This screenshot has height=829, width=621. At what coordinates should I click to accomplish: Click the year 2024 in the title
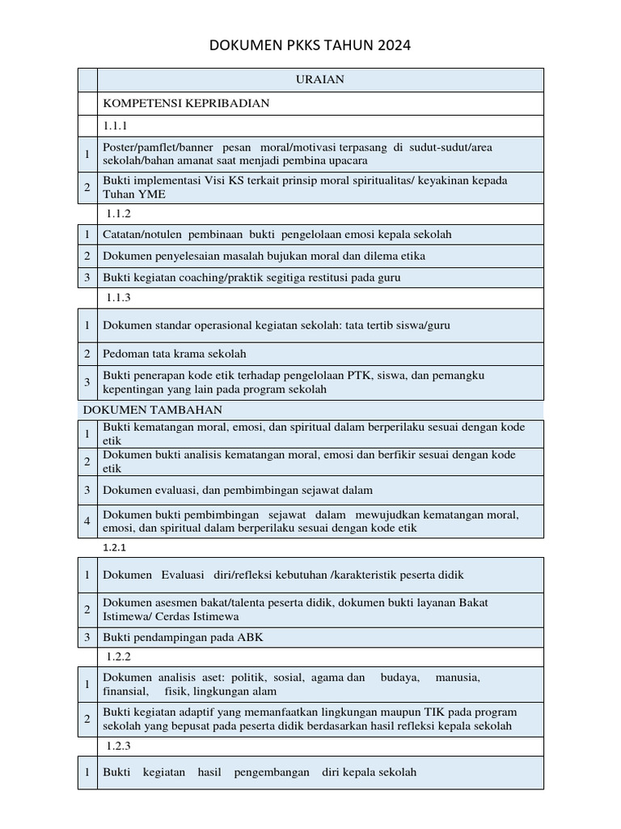(x=394, y=45)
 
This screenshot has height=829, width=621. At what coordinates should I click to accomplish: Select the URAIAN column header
(x=320, y=79)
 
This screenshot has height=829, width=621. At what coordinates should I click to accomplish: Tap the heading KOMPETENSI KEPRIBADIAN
(x=185, y=104)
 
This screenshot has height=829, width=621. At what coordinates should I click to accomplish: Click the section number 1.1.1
(x=116, y=125)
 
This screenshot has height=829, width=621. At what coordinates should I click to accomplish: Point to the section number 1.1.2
(x=118, y=214)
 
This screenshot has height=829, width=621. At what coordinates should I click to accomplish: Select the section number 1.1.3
(x=118, y=297)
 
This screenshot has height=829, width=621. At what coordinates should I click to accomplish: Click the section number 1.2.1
(x=116, y=547)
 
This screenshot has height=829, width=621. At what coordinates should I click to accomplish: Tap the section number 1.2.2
(x=118, y=657)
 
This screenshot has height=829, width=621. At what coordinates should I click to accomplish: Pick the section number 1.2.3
(x=118, y=746)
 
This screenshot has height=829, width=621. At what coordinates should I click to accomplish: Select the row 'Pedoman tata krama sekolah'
(x=174, y=354)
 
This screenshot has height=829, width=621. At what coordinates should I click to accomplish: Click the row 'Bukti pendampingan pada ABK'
(x=183, y=637)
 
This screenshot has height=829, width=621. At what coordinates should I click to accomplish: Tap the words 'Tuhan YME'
(x=126, y=194)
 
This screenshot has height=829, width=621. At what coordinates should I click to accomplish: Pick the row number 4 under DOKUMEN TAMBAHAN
(x=87, y=521)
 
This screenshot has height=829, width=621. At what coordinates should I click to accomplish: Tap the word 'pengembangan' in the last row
(x=272, y=772)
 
